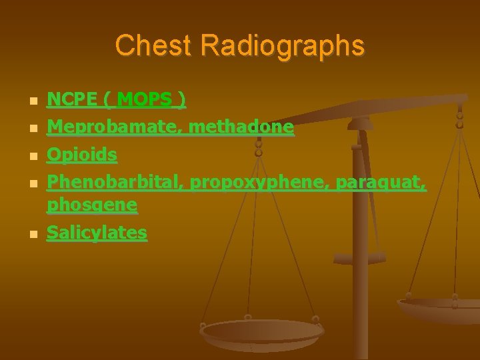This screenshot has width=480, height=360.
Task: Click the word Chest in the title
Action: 153,46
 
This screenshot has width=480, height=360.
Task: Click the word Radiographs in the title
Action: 282,46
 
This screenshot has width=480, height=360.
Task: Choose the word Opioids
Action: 81,155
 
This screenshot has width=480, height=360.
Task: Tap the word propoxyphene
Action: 259,181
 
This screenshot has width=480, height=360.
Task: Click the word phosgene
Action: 92,205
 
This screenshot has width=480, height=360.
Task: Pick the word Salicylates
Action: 97,233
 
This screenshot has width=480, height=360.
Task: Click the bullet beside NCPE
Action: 33,102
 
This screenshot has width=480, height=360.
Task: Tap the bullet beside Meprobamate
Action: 33,129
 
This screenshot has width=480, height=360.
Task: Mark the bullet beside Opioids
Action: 33,157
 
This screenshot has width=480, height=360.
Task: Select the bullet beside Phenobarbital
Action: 33,183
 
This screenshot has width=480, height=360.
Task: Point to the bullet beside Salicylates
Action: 33,235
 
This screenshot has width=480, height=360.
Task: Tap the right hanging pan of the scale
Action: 440,308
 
